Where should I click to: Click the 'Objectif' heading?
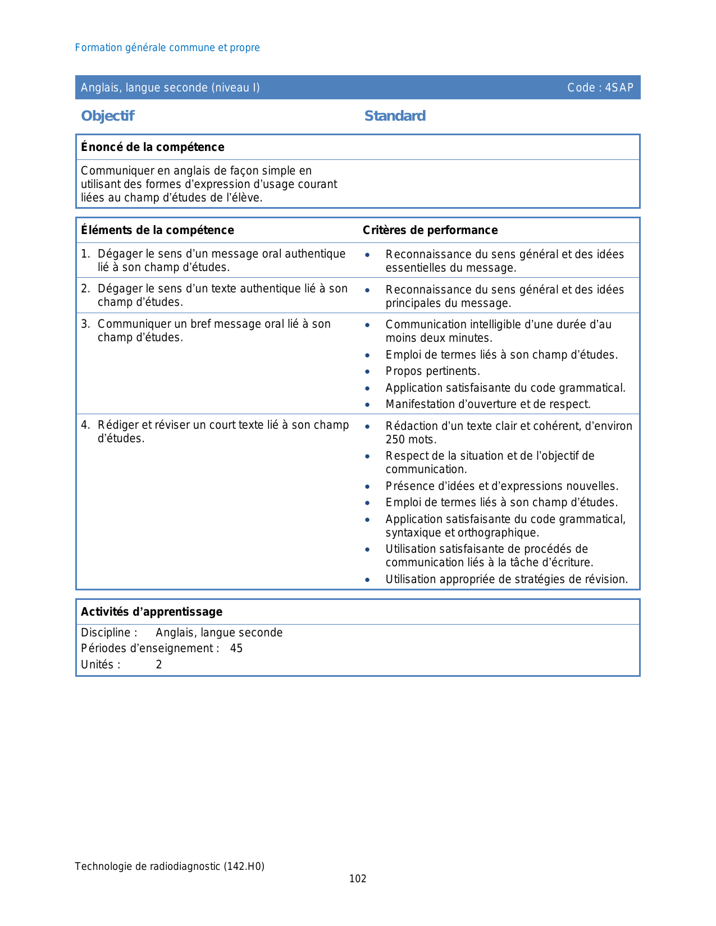(x=107, y=116)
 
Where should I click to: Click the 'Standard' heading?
(x=395, y=116)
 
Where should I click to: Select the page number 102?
(x=358, y=879)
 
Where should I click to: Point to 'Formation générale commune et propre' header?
(x=167, y=48)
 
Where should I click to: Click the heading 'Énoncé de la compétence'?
(x=152, y=147)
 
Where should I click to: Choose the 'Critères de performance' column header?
(x=430, y=230)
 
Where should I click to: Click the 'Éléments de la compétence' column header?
(x=157, y=230)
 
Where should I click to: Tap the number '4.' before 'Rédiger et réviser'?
(x=85, y=425)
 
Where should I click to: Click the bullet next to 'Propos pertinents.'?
(x=367, y=372)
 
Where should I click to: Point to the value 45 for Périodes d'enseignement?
(x=236, y=648)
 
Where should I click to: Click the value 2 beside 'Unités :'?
(x=159, y=664)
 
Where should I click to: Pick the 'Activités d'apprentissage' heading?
(x=152, y=612)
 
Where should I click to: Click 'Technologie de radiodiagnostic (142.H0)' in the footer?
(x=170, y=867)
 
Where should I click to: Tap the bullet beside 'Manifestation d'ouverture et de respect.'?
(x=367, y=405)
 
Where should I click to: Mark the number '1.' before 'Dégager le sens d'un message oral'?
(x=85, y=254)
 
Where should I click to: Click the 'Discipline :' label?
(x=109, y=632)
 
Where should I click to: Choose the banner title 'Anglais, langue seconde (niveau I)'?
(x=170, y=88)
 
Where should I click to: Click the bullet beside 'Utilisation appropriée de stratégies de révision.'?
(x=367, y=580)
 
